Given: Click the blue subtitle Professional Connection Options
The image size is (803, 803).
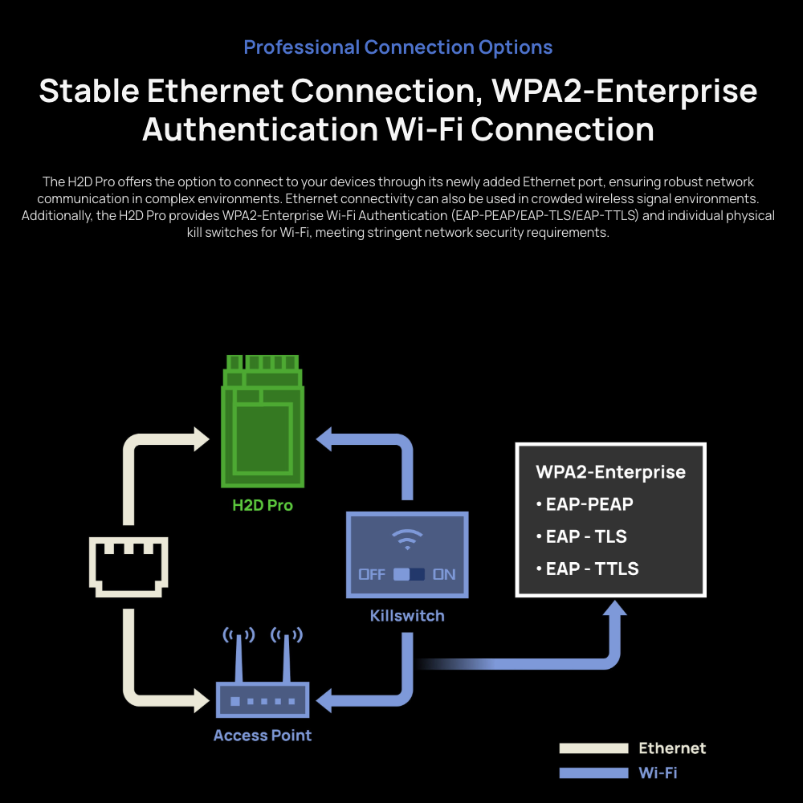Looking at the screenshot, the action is click(398, 47).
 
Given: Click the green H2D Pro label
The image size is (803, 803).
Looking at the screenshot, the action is click(263, 505).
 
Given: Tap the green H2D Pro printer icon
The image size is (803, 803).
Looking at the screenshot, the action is click(263, 421).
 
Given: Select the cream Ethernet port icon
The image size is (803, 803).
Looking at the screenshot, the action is click(128, 567).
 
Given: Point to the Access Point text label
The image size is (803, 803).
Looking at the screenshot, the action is click(263, 736).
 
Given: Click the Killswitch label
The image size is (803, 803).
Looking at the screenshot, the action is click(407, 616).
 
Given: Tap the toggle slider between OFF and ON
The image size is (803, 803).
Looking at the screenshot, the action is click(410, 574).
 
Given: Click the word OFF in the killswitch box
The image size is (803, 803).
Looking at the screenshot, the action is click(372, 574).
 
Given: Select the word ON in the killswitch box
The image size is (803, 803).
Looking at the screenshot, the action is click(444, 574).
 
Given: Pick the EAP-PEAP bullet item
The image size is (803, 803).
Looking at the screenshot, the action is click(585, 504).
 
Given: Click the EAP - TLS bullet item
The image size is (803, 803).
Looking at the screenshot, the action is click(581, 536).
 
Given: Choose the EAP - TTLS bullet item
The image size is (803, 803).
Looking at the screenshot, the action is click(588, 569).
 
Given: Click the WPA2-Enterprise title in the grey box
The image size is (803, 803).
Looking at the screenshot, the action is click(610, 472).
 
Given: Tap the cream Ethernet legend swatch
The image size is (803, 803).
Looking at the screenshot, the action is click(593, 748).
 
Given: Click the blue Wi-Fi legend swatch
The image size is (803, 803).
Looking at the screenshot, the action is click(593, 772).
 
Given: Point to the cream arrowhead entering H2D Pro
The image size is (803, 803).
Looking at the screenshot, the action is click(202, 439).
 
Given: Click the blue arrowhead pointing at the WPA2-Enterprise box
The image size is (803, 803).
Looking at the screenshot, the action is click(614, 608).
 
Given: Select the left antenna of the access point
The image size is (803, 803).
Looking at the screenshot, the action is click(238, 655).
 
